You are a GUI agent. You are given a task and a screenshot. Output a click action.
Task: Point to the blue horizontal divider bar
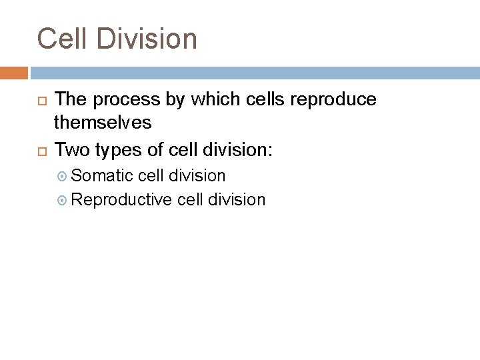tap(253, 73)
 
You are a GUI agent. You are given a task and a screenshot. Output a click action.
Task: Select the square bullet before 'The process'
tap(40, 101)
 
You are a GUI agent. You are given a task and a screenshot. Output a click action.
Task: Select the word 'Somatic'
tap(101, 176)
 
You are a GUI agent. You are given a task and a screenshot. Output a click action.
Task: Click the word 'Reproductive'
tap(122, 200)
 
